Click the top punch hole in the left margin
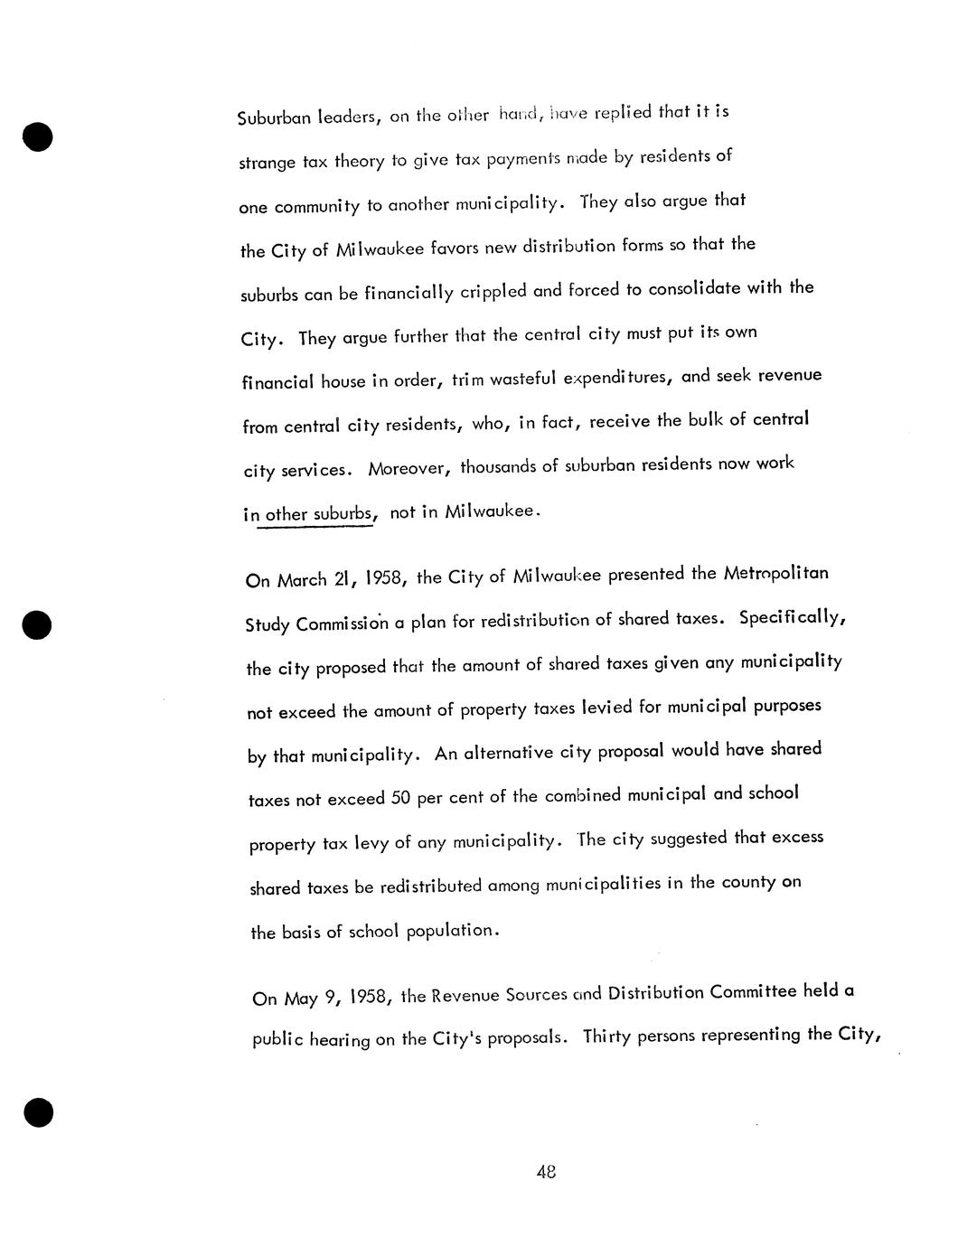coord(37,136)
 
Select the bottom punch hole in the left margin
coord(38,1112)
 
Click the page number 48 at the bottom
coord(545,1172)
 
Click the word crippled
coord(493,292)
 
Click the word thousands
coord(498,467)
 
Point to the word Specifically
coord(792,618)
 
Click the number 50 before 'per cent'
coord(401,798)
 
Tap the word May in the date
coord(301,999)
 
